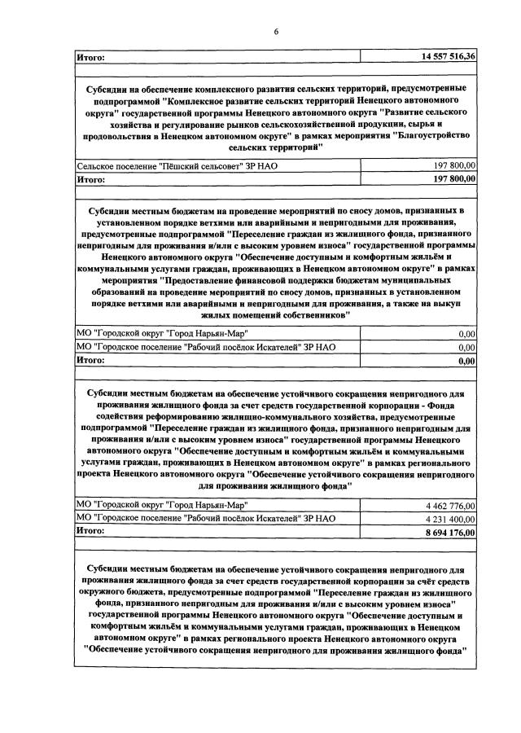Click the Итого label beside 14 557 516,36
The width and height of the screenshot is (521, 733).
(90, 58)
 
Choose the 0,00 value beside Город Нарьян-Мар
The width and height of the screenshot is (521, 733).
(466, 334)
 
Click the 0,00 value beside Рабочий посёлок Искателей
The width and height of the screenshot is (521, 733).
(466, 347)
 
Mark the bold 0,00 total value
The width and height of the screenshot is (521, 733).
(466, 359)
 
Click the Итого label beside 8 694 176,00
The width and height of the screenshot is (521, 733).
(90, 530)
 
